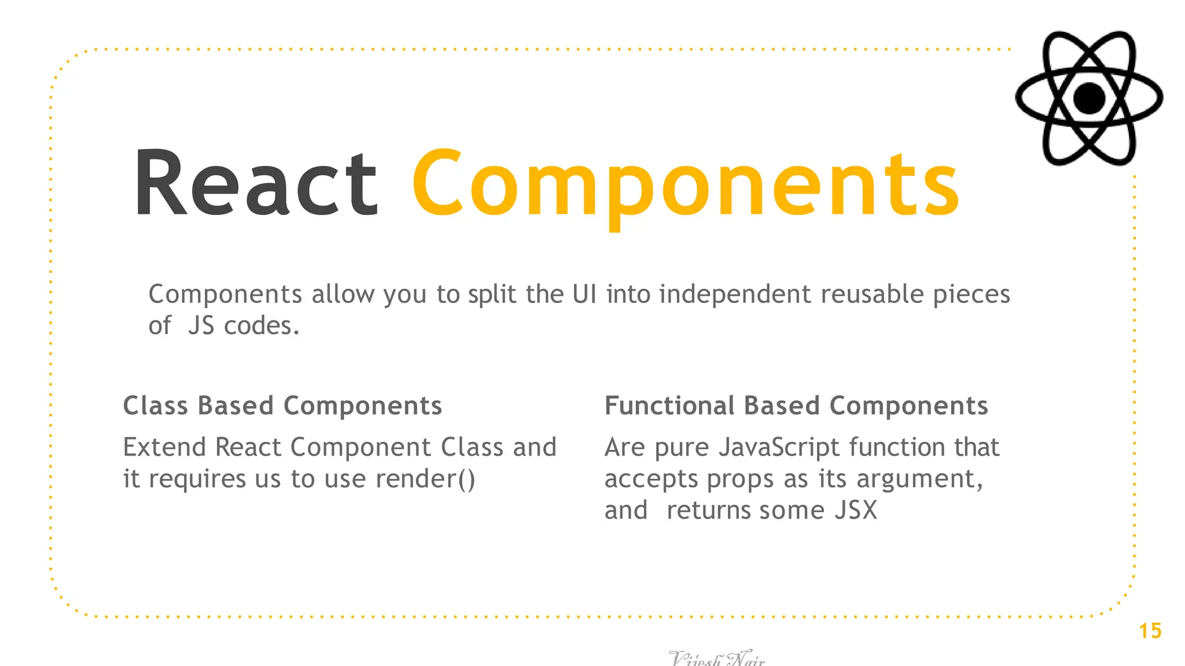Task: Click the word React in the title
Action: click(256, 184)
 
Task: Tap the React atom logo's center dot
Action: click(1089, 98)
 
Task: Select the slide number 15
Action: click(1150, 631)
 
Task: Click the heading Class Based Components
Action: click(282, 406)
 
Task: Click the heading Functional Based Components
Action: click(796, 406)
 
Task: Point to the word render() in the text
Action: click(425, 479)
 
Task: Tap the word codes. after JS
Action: click(262, 326)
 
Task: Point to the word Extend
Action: click(164, 447)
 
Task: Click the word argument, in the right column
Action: click(919, 480)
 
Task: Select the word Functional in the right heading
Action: click(669, 406)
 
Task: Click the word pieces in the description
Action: click(971, 295)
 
